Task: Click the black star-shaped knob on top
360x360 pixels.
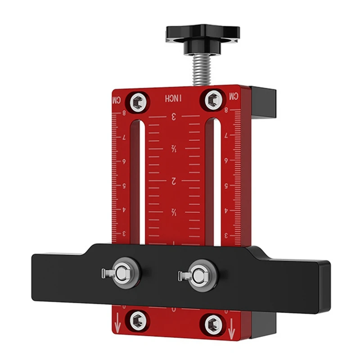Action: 202,35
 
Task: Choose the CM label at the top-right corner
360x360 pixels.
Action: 234,96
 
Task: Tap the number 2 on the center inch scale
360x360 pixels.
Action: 173,181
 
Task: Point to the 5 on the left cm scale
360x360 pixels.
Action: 125,185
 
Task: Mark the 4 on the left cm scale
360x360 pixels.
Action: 125,210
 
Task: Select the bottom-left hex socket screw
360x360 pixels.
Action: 135,320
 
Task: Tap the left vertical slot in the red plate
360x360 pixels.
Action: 142,180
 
